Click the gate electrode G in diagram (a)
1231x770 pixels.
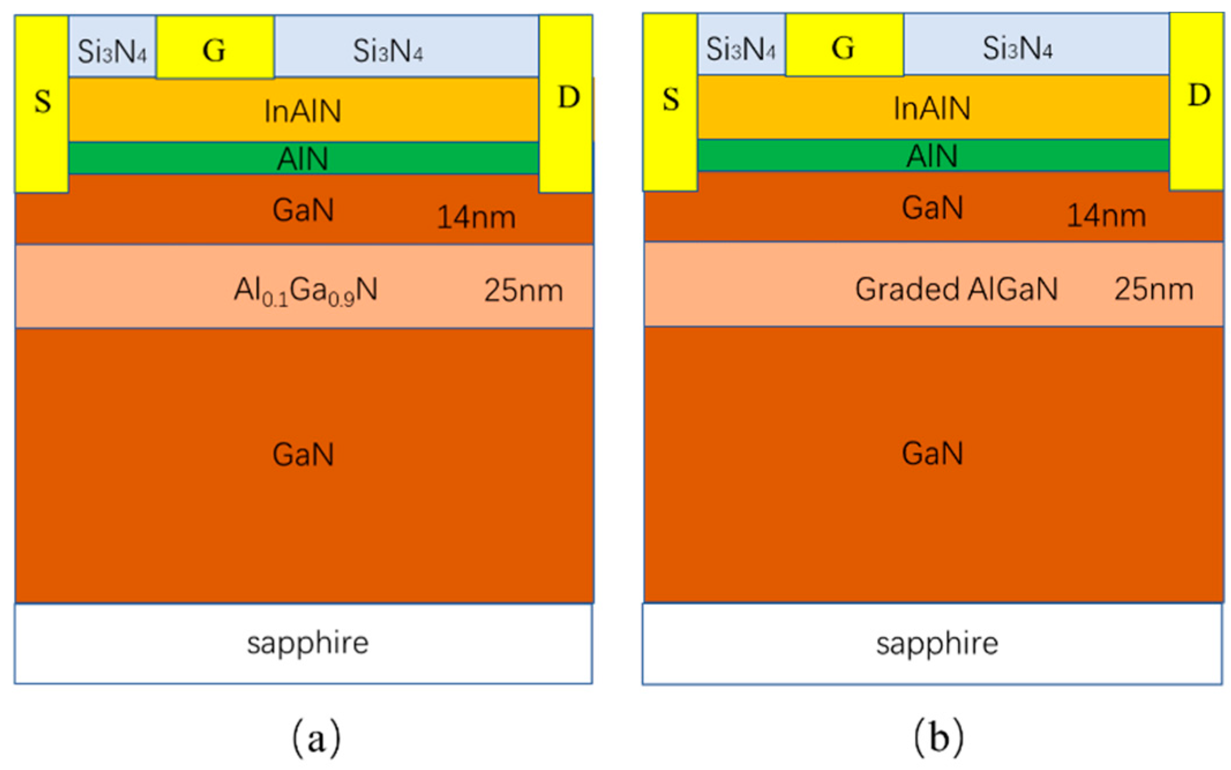point(215,48)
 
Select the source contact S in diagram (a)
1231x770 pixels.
point(42,103)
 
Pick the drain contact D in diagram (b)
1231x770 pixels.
point(1198,96)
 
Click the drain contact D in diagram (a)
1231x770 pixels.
point(568,98)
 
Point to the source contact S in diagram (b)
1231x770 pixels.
point(670,100)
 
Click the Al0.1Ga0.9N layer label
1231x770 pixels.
point(305,290)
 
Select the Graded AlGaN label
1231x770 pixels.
point(956,289)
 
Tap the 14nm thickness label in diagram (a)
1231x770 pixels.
point(475,218)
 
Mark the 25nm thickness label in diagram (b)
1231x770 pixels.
point(1153,289)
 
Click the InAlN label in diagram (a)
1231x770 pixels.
point(303,111)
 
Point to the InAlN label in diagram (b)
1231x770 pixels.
point(932,108)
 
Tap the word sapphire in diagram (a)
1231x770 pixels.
point(307,643)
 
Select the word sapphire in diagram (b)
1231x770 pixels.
point(937,643)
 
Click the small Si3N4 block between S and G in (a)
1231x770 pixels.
point(112,51)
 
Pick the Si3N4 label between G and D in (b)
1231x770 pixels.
point(1018,48)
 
